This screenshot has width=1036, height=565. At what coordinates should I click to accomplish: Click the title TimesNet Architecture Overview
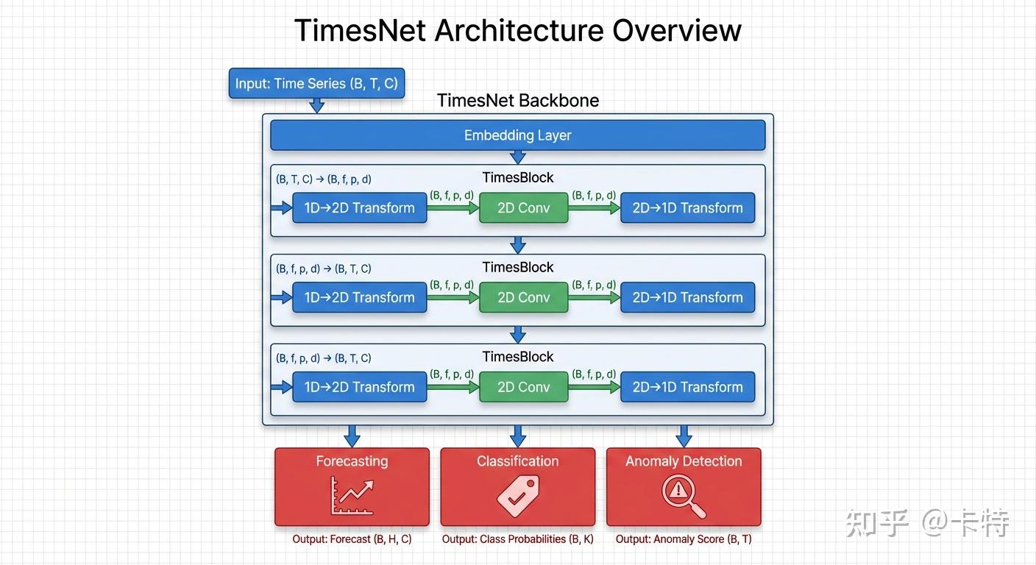click(517, 31)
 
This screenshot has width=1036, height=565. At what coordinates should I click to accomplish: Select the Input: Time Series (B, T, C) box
click(316, 83)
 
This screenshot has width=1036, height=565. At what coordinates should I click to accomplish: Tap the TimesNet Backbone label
click(517, 101)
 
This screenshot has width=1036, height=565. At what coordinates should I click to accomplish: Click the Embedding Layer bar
click(517, 135)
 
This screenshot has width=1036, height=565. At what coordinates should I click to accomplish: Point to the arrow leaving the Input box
click(316, 105)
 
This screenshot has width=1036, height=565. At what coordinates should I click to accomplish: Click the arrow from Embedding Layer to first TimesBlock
click(517, 157)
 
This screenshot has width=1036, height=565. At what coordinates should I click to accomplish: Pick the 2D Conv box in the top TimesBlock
click(523, 207)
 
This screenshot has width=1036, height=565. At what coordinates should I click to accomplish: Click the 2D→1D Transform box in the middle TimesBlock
click(687, 297)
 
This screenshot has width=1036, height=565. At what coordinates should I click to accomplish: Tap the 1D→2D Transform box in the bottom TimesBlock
click(359, 387)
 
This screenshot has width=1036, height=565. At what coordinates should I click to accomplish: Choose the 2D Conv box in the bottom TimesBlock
click(523, 387)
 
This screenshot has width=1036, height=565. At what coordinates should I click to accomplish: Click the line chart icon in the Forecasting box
click(352, 495)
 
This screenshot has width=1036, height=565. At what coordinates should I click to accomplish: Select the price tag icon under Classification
click(517, 495)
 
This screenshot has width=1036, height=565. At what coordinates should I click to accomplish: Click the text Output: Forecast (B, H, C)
click(352, 539)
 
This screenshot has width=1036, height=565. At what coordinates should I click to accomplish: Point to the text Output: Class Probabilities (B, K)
click(517, 539)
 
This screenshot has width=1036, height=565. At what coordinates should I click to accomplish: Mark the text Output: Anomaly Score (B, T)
click(684, 539)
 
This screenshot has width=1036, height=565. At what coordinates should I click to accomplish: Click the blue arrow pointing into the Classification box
click(517, 436)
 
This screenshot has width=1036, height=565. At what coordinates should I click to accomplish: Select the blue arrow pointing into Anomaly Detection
click(684, 436)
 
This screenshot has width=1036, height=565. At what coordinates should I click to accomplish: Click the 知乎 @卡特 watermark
click(926, 523)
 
